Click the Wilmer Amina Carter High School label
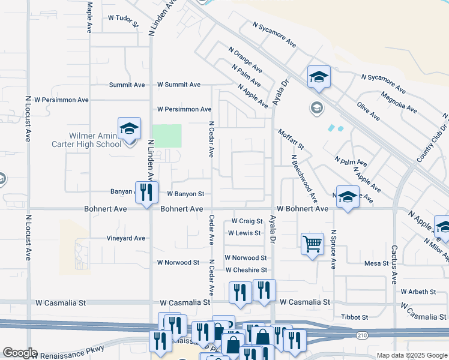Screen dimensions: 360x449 tap(87, 140)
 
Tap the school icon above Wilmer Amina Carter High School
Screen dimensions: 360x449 tap(129, 128)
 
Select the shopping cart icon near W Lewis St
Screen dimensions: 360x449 tap(312, 244)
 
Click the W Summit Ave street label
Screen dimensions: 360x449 tap(179, 85)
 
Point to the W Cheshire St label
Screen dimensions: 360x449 tap(246, 270)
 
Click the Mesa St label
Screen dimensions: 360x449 tap(377, 263)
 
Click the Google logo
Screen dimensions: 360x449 tap(20, 352)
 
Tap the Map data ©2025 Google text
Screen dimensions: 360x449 tap(411, 355)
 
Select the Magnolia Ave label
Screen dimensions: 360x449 tap(399, 102)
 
